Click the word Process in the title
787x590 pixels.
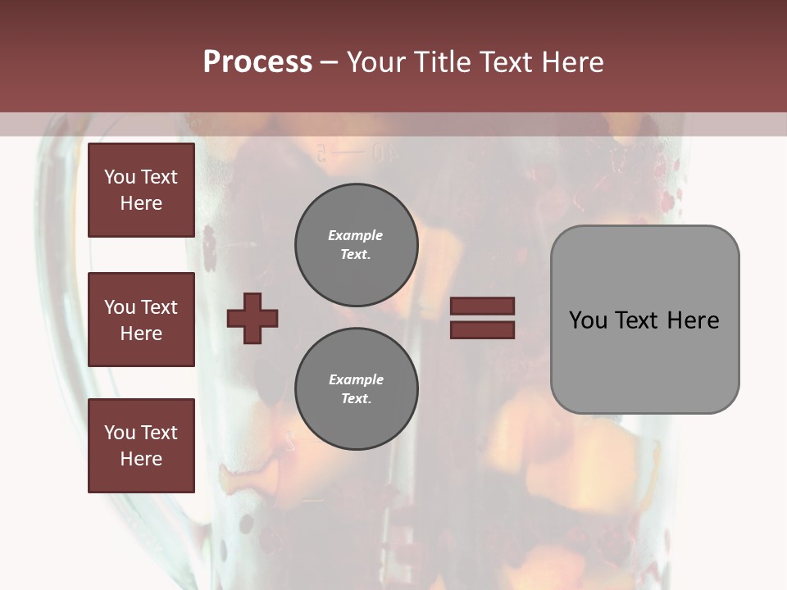pos(257,62)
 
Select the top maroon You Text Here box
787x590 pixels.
pos(141,190)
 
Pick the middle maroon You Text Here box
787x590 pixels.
pos(141,320)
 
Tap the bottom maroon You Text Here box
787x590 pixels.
pos(141,446)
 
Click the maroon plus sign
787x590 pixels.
pos(252,318)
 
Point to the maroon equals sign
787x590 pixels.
pos(482,318)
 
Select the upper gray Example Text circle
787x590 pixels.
pos(356,244)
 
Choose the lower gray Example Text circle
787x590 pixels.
pos(356,388)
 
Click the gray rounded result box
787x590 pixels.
pos(644,320)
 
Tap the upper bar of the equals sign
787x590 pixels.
pos(482,306)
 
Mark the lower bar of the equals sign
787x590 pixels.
pos(482,329)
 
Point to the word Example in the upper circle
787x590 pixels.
pos(356,235)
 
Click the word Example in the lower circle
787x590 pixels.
pos(356,379)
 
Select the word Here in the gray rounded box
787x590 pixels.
pos(693,320)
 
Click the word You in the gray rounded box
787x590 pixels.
pos(589,320)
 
